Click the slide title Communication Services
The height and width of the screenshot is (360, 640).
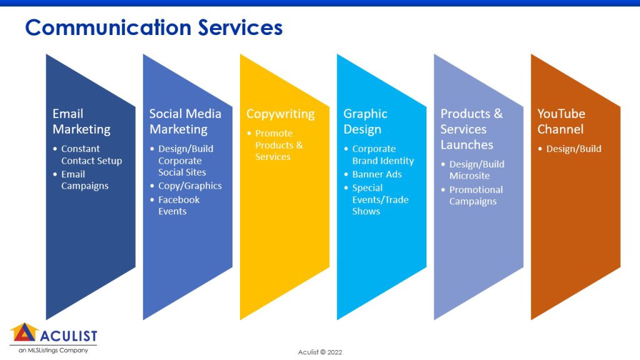pyautogui.click(x=154, y=27)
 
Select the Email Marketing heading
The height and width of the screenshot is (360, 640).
pyautogui.click(x=82, y=121)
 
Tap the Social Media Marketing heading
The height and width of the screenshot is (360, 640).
pyautogui.click(x=185, y=121)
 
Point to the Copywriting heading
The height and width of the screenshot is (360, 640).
pyautogui.click(x=281, y=114)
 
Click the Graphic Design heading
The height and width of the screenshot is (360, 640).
pyautogui.click(x=365, y=121)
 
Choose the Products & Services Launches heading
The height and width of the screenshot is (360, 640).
pyautogui.click(x=471, y=129)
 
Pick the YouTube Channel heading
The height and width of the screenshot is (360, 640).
pyautogui.click(x=561, y=121)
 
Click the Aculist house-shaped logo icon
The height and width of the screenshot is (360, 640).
pyautogui.click(x=24, y=332)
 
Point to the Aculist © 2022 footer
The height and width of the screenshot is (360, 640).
pyautogui.click(x=320, y=352)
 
